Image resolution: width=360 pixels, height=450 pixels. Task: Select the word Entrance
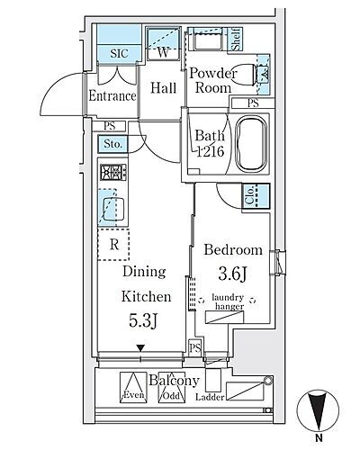click(x=112, y=95)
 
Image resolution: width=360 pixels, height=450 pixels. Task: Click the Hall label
click(x=163, y=89)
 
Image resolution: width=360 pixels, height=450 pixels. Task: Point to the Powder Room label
click(x=212, y=81)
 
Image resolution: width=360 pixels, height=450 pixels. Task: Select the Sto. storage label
click(x=112, y=144)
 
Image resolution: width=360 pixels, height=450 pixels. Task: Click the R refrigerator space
click(x=114, y=241)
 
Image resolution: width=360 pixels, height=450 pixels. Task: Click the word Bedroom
click(x=233, y=250)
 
